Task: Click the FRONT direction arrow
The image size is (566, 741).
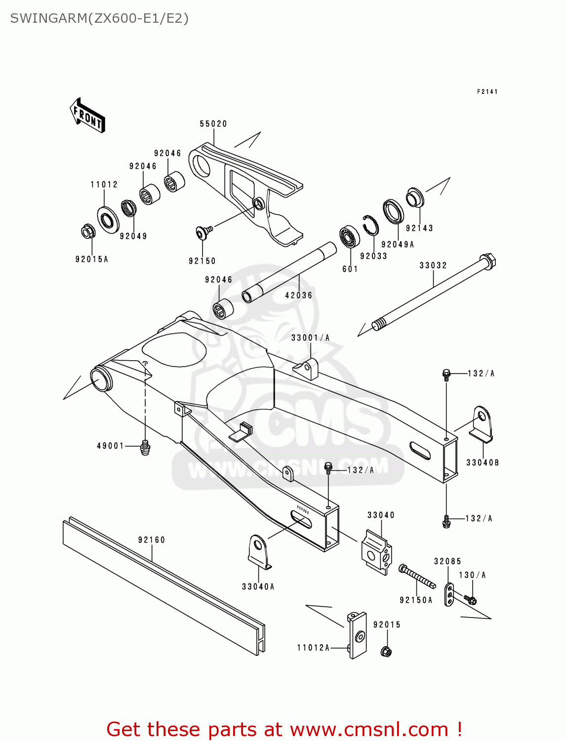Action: (x=88, y=116)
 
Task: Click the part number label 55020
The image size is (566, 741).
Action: (x=213, y=124)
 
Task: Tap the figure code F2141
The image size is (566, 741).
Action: (x=487, y=92)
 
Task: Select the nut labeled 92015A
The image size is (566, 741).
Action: (x=88, y=231)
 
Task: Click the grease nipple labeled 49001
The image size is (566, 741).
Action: (x=145, y=447)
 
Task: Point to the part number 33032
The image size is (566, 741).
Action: (x=433, y=266)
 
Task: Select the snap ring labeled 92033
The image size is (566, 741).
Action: (x=370, y=226)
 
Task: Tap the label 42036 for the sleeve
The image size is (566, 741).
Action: (x=299, y=295)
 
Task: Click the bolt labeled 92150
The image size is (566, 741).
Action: (x=203, y=231)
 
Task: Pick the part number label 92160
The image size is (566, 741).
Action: (x=152, y=540)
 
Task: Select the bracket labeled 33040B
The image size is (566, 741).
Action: (x=481, y=424)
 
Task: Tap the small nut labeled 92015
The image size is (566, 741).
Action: (x=387, y=652)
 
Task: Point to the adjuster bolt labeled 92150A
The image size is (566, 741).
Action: (x=417, y=576)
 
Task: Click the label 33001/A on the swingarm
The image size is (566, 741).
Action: (x=310, y=338)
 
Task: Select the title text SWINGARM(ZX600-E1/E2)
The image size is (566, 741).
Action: (x=99, y=19)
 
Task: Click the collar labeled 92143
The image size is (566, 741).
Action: (x=414, y=198)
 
